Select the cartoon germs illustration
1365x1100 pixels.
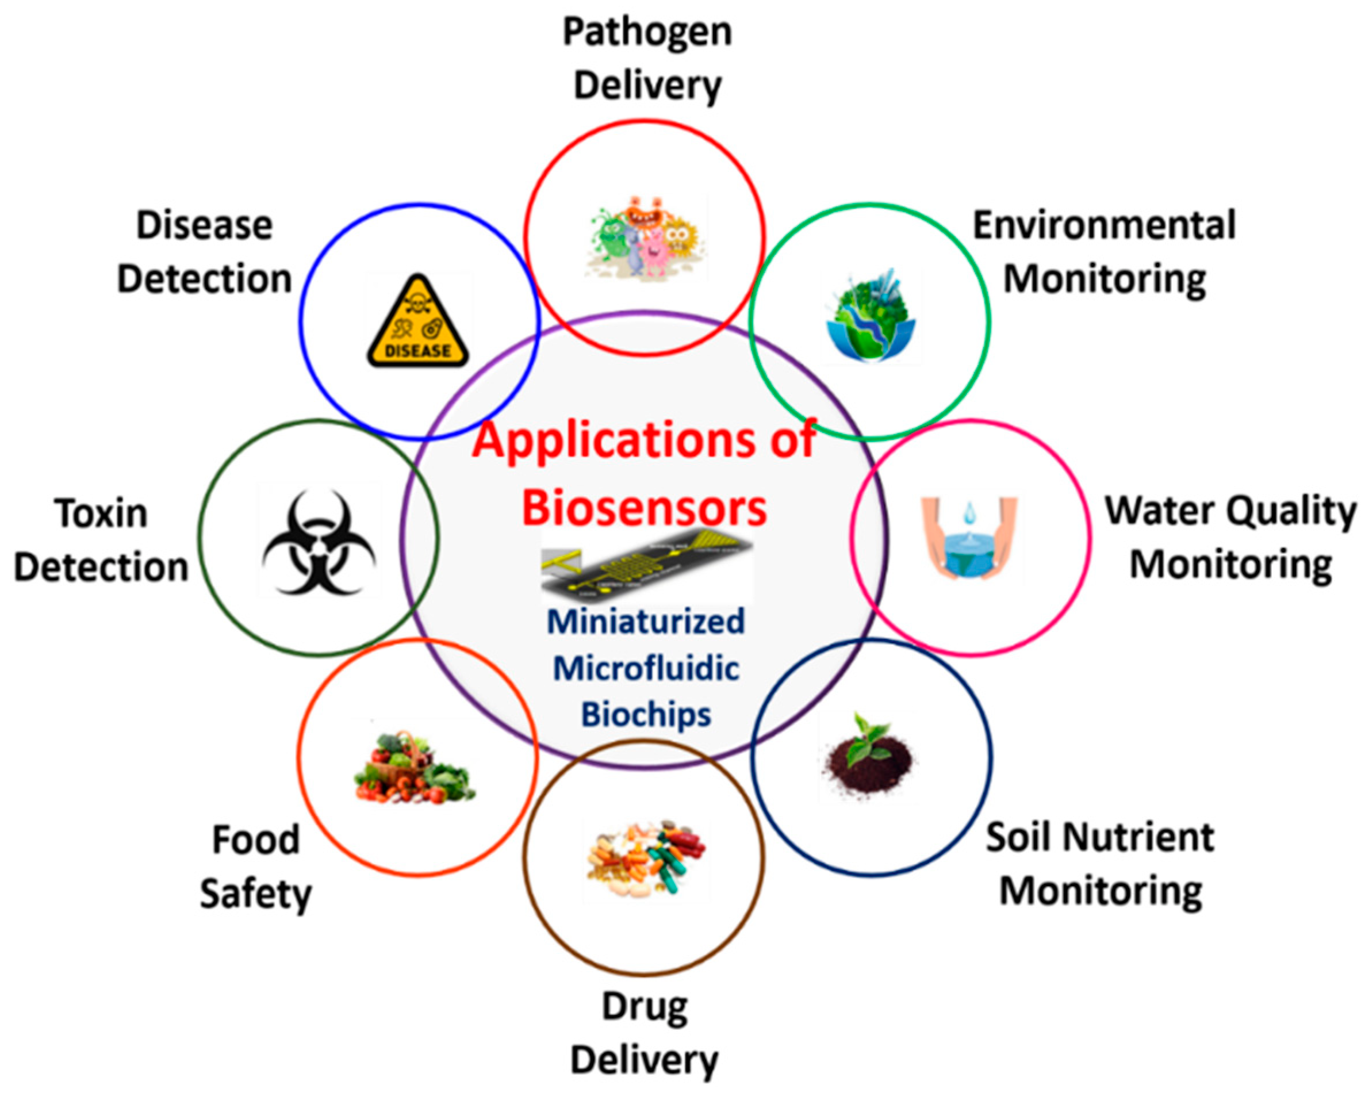[645, 238]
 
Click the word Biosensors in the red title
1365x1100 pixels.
[644, 508]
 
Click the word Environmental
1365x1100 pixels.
[1104, 225]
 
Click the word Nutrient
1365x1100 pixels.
[1138, 837]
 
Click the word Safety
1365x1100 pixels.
[256, 894]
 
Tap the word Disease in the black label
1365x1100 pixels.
[204, 225]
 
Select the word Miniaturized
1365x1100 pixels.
[645, 621]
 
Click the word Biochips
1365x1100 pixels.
[646, 714]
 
